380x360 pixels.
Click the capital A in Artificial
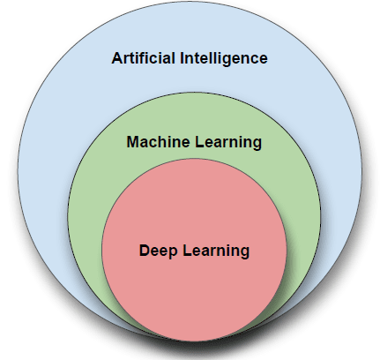click(x=117, y=59)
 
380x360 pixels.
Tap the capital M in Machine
click(x=132, y=141)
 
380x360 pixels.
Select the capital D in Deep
click(x=144, y=251)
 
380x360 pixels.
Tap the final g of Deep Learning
click(x=245, y=252)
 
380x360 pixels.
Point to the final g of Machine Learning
click(x=257, y=144)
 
